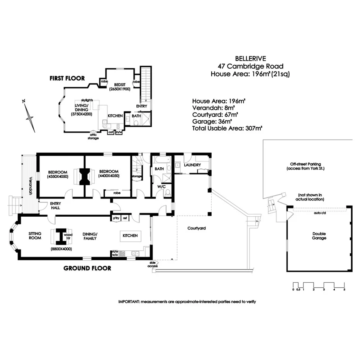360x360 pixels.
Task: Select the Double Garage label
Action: pos(319,235)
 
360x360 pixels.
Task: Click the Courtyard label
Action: pos(196,228)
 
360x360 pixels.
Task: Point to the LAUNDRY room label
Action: pos(192,165)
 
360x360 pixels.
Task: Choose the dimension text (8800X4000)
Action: pos(61,249)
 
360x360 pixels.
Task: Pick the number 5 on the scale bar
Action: pos(344,289)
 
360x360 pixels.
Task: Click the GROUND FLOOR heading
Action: pos(87,268)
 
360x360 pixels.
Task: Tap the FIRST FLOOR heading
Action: pos(67,78)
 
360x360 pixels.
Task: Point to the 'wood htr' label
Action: pos(68,236)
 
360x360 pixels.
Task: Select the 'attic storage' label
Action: pos(93,136)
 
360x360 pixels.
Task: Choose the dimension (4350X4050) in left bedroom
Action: pos(58,176)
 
